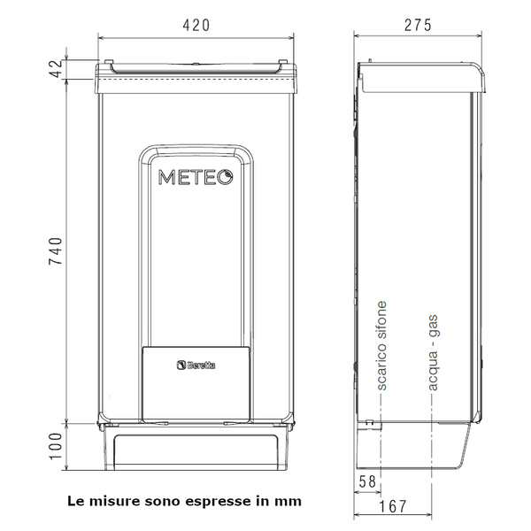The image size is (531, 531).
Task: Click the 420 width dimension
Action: coord(196,25)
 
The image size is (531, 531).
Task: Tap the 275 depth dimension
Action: coord(419,25)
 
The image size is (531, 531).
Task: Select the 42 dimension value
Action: coord(57,69)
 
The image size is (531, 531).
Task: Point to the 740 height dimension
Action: coord(57,251)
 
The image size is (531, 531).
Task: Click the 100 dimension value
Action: coord(57,446)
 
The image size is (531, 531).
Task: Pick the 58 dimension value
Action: coord(367,481)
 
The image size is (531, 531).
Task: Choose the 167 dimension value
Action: coord(392,506)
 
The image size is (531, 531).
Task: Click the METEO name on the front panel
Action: coord(196,177)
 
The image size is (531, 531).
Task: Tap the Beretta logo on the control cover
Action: coord(196,365)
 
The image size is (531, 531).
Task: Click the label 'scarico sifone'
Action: coord(381,346)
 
